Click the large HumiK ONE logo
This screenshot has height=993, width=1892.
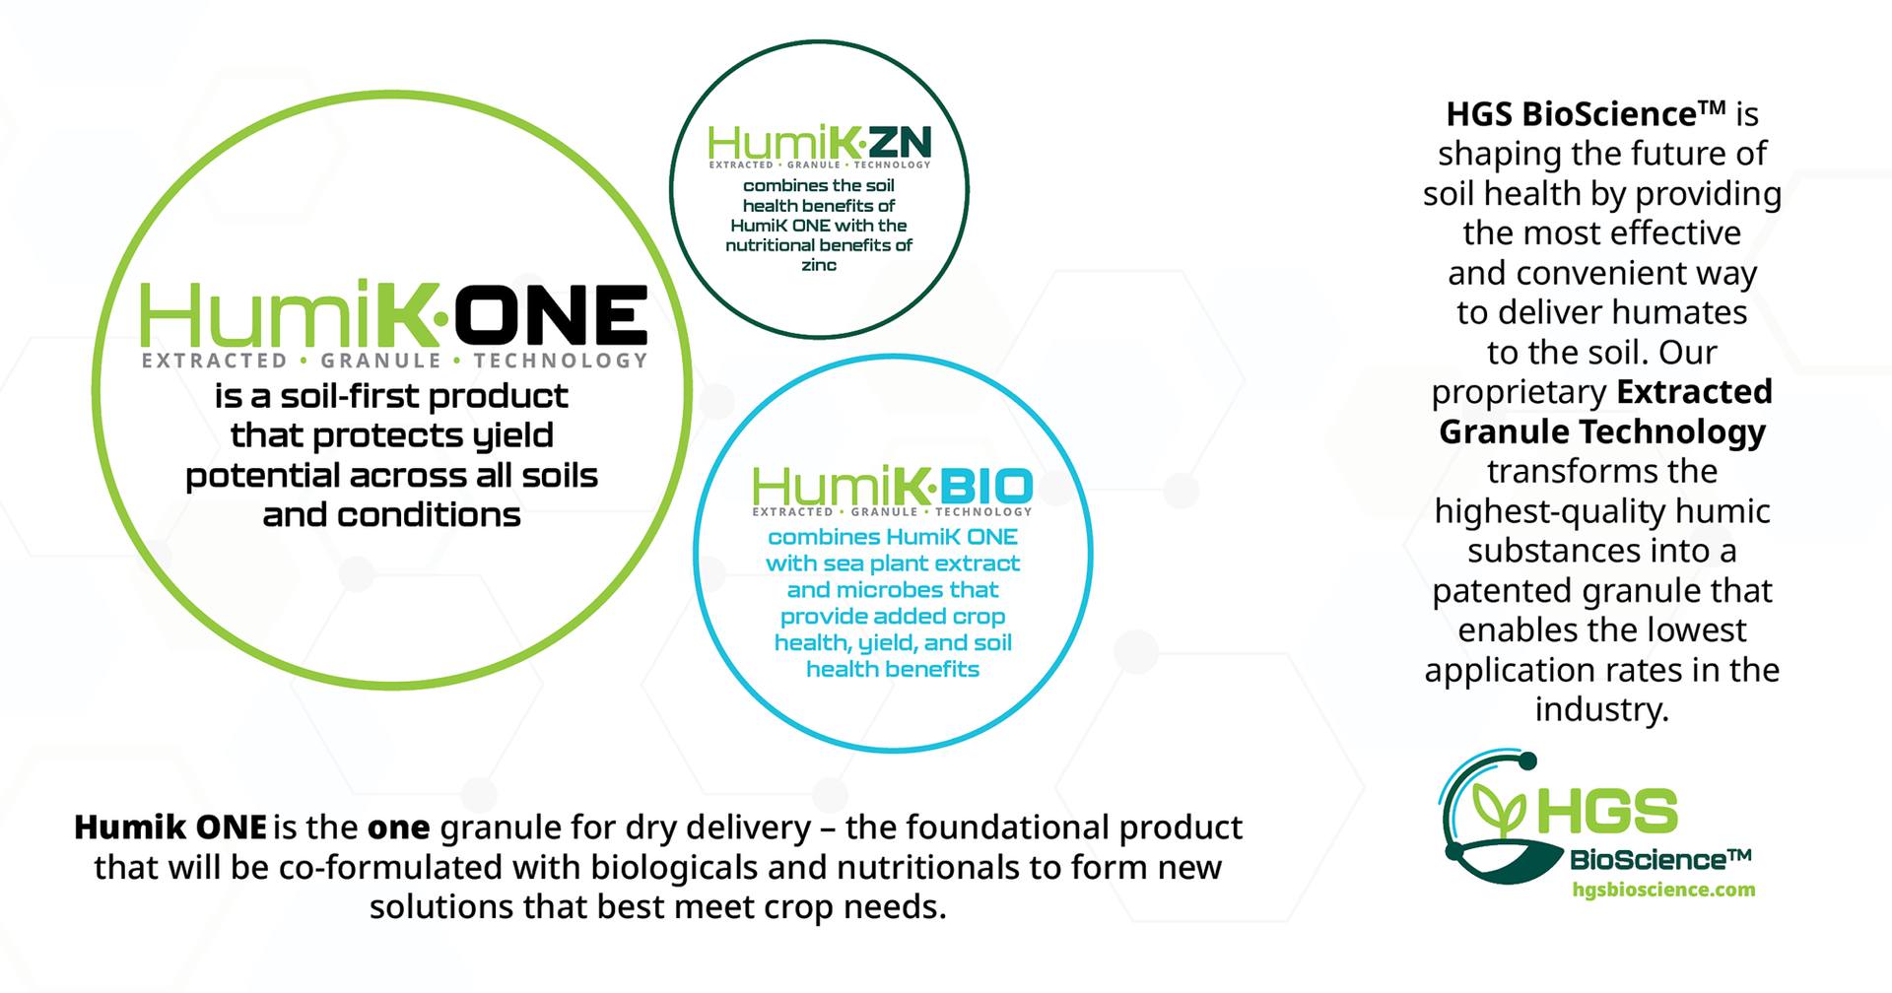[393, 323]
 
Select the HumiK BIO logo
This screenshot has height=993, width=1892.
[893, 491]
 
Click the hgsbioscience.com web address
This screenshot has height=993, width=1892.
[1663, 890]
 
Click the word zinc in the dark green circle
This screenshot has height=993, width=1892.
[819, 265]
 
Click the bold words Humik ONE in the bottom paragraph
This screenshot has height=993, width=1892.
[170, 827]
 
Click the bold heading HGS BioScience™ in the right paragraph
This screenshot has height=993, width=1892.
[1586, 113]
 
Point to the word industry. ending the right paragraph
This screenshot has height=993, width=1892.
[1602, 708]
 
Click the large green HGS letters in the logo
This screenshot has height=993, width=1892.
[1606, 811]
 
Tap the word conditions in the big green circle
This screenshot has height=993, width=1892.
[429, 514]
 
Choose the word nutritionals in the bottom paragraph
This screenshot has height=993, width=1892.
[957, 867]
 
